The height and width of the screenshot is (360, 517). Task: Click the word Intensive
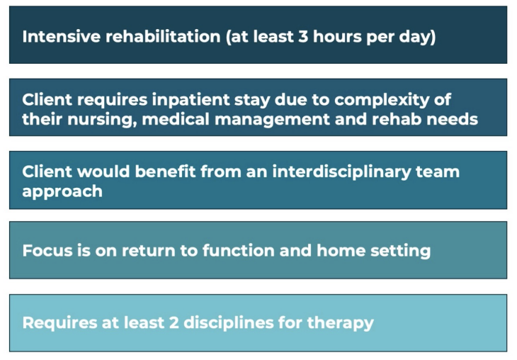62,36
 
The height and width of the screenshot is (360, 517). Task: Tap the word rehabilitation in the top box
163,36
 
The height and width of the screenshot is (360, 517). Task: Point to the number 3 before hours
303,36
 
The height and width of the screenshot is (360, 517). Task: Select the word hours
337,36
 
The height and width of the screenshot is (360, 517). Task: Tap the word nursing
102,120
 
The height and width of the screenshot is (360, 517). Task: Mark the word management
272,120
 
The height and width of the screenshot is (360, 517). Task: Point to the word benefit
165,171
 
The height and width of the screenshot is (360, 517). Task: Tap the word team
438,172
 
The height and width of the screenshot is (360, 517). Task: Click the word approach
62,192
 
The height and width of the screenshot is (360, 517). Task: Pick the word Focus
47,250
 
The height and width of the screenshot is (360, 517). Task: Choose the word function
239,250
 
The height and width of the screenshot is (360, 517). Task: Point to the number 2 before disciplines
174,322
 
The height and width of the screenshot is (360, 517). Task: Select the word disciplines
229,323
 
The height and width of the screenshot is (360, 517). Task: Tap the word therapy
341,323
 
